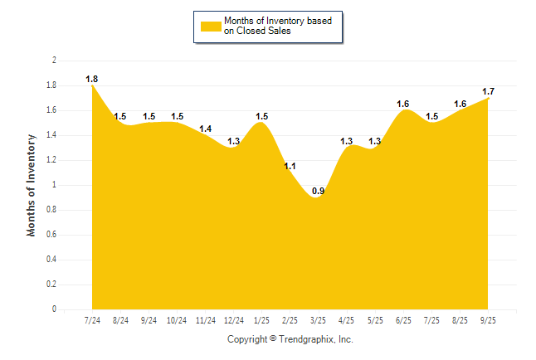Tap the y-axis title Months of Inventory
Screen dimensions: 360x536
click(32, 185)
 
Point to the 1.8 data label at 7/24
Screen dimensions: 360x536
click(92, 79)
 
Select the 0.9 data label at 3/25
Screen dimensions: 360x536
click(318, 192)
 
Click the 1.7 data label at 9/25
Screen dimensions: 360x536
click(488, 91)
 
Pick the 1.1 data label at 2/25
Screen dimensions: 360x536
click(290, 167)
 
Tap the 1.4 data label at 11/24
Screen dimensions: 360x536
click(205, 129)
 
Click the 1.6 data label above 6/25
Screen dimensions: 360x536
click(402, 104)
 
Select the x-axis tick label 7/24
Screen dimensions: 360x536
click(92, 319)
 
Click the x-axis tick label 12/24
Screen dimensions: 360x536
click(233, 319)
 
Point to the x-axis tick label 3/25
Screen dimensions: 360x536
click(318, 319)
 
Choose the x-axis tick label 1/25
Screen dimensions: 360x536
click(261, 319)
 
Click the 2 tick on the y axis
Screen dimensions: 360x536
click(54, 61)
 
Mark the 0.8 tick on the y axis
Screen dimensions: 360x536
click(51, 210)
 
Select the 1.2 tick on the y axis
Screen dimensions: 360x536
click(51, 160)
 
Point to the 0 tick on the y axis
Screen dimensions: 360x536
click(54, 309)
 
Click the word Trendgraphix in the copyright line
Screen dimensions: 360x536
click(306, 339)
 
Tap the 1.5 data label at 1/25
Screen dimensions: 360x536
click(261, 116)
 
